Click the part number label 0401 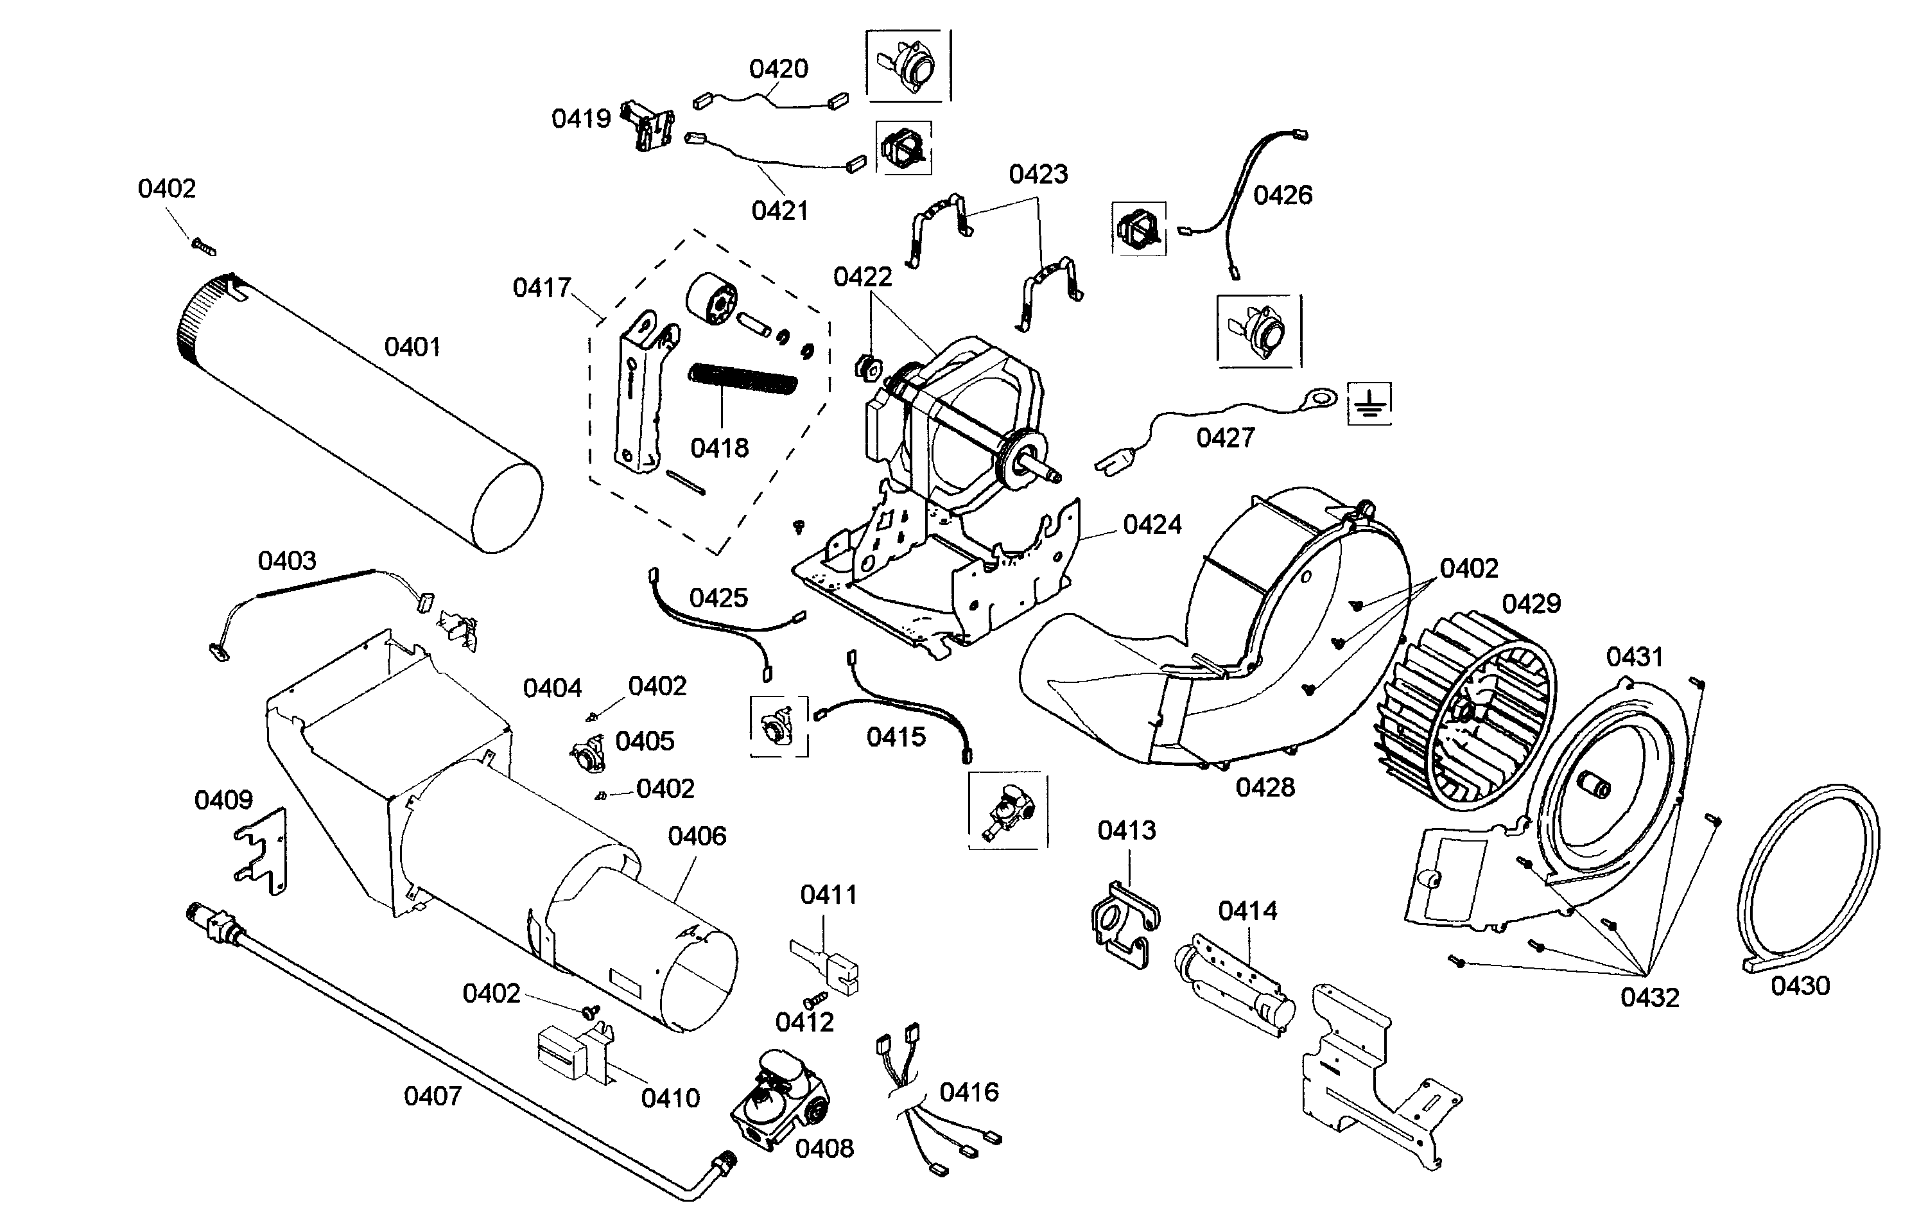click(412, 347)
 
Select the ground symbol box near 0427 click(1369, 402)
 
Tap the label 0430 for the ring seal click(1800, 985)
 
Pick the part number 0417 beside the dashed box click(541, 288)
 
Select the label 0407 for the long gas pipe click(432, 1096)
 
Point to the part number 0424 click(1152, 525)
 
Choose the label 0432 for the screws click(1649, 998)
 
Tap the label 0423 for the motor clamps click(1038, 174)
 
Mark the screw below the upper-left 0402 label click(204, 246)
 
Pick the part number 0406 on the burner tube click(697, 836)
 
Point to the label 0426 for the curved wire click(1282, 195)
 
